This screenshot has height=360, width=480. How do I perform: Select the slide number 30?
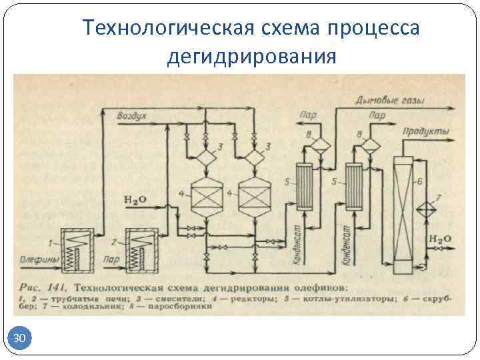click(20, 339)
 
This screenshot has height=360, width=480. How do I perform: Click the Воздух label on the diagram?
click(132, 115)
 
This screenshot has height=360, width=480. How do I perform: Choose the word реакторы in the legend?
click(249, 299)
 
